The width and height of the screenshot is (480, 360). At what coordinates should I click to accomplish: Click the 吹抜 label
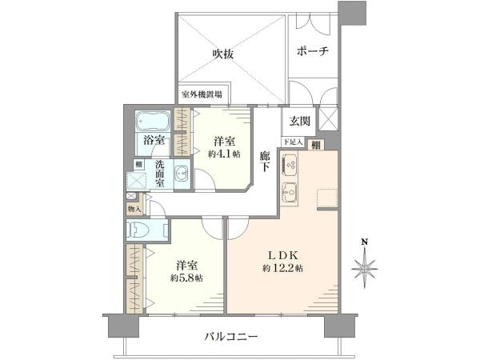[x=222, y=54]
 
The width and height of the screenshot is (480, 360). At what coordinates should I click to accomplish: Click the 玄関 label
[x=300, y=122]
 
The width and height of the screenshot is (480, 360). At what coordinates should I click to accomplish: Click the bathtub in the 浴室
[x=152, y=122]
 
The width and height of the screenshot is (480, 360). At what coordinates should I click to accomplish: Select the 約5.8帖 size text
[x=186, y=278]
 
